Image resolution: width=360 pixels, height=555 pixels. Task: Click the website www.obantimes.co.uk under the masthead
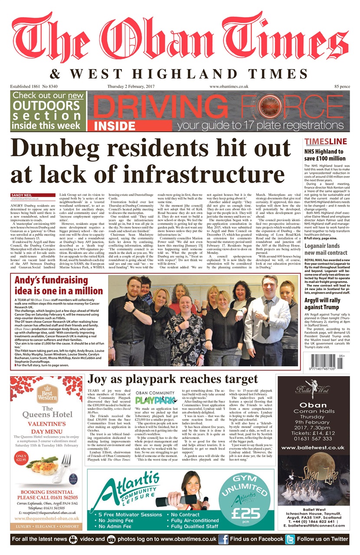click(229, 87)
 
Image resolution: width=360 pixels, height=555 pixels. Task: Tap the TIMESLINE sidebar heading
click(325, 142)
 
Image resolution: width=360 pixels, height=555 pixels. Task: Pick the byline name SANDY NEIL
click(21, 196)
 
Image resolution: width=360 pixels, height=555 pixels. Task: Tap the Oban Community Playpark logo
click(155, 398)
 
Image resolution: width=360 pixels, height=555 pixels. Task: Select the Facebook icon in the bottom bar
click(223, 539)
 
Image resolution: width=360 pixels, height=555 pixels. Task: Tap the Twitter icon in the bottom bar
click(290, 539)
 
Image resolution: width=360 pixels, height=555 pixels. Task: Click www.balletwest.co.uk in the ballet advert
click(313, 447)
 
